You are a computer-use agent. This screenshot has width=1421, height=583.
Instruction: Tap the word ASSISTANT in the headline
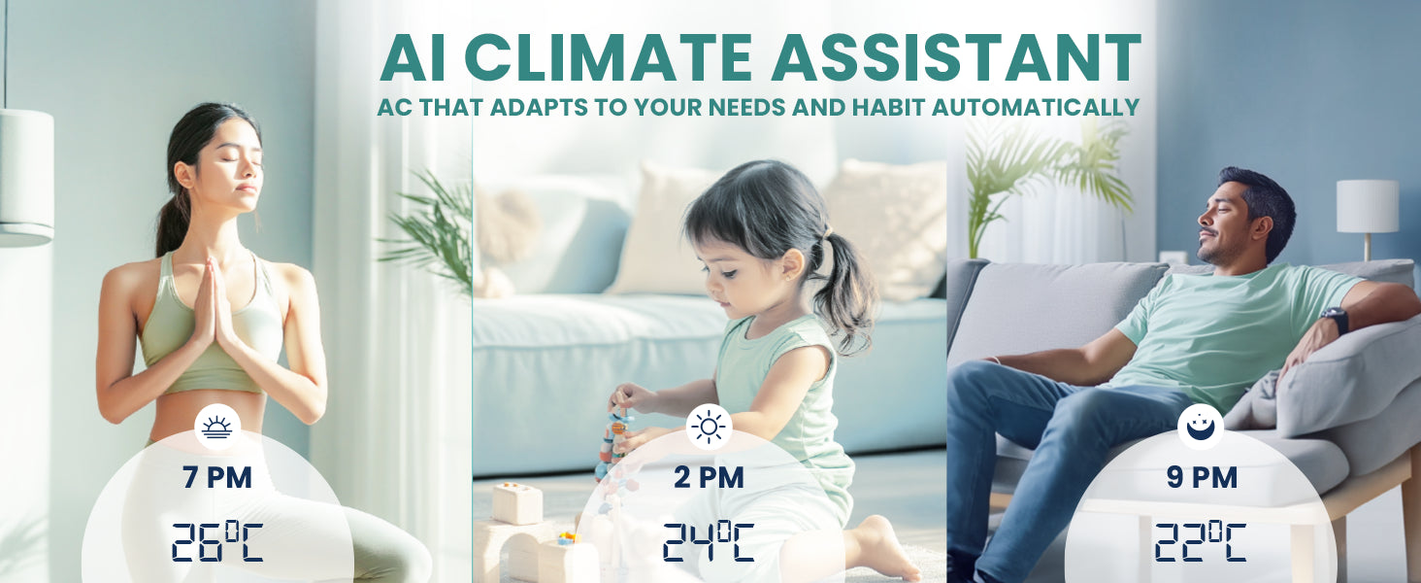coord(956,57)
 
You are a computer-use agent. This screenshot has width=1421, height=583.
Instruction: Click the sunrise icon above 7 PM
coord(217,427)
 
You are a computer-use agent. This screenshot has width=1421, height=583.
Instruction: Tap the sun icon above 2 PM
coord(709,427)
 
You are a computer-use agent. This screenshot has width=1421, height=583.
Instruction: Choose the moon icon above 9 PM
coord(1201,427)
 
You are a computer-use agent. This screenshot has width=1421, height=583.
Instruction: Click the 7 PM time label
coord(217,478)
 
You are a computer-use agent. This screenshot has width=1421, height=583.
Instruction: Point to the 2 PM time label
coord(709,478)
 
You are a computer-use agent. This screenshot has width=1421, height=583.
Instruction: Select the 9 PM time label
coord(1202,478)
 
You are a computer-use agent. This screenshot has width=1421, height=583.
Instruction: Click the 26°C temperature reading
coord(217,542)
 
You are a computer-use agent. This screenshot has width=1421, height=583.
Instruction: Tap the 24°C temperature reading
coord(709,542)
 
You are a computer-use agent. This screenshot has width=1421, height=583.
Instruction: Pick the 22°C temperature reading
coord(1201,542)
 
